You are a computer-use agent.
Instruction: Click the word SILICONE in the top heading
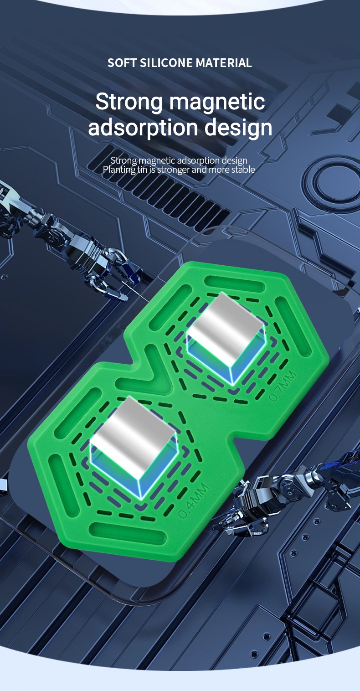pyautogui.click(x=167, y=63)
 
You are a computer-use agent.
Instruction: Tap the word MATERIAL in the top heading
pyautogui.click(x=224, y=63)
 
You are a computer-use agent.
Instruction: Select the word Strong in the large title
pyautogui.click(x=129, y=102)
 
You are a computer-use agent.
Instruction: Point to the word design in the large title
pyautogui.click(x=238, y=128)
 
